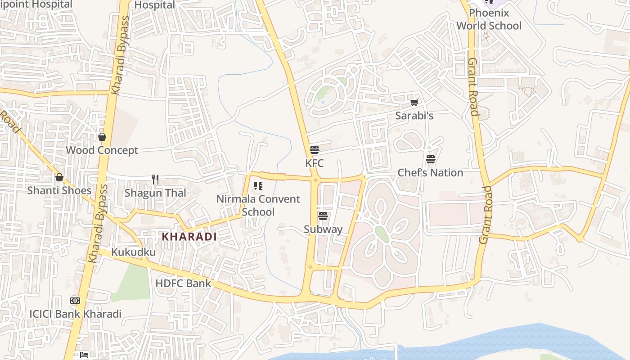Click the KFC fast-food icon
tap(314, 150)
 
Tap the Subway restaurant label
tap(323, 229)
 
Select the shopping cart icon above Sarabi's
tap(414, 103)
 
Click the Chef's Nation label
tap(430, 173)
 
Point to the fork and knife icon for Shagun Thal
tap(155, 180)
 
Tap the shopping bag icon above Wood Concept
tap(102, 137)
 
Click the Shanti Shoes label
tap(59, 190)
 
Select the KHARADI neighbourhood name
tap(189, 237)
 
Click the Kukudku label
tap(133, 252)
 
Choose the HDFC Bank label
tap(183, 283)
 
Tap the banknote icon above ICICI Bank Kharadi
tap(75, 301)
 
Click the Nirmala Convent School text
tap(258, 205)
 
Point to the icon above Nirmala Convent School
tap(258, 186)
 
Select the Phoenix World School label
tap(489, 19)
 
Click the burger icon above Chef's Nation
tap(431, 159)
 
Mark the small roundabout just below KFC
tap(316, 180)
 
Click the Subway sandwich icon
tap(323, 216)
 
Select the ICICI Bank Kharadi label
tap(75, 314)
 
